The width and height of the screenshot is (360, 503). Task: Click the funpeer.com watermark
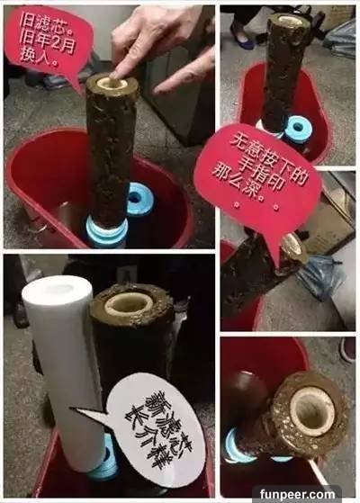pos(297,494)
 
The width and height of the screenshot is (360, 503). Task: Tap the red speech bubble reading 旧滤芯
pos(48,41)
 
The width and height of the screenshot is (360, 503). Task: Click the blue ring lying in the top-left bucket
pos(140,199)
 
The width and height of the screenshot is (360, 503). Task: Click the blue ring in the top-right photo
pos(298,129)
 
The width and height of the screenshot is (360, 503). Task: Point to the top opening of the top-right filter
pos(289,19)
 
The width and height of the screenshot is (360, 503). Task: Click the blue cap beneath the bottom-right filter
pos(239,447)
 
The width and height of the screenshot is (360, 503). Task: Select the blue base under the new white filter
pos(103,462)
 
